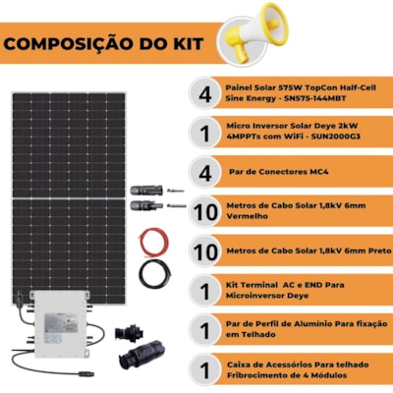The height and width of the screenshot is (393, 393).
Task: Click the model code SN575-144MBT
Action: click(315, 98)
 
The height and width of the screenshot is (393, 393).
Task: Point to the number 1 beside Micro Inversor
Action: click(205, 134)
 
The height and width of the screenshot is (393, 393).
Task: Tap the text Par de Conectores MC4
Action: click(279, 172)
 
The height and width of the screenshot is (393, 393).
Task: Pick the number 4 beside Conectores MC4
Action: click(205, 173)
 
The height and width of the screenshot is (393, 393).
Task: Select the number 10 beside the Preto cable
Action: click(205, 252)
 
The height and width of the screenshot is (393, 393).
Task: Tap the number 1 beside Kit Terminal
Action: click(205, 292)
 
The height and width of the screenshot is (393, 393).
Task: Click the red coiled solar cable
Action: click(153, 243)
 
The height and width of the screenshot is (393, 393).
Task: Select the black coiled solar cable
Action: click(155, 274)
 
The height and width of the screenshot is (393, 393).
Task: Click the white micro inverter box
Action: click(60, 322)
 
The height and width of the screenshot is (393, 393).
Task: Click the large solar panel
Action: click(69, 198)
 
